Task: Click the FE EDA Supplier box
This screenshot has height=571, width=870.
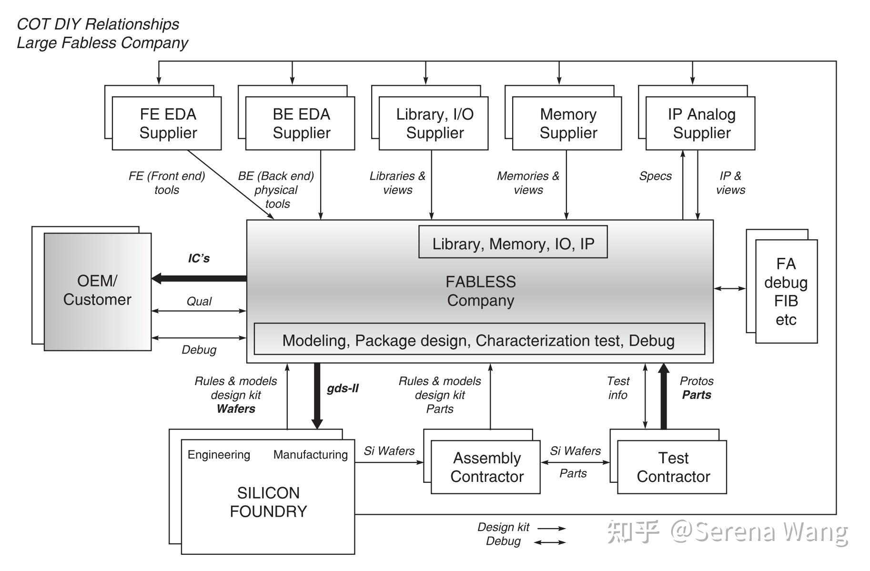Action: (167, 123)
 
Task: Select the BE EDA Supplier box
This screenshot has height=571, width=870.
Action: (300, 123)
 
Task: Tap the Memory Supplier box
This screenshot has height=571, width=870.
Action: (567, 123)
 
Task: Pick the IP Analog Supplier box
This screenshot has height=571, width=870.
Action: (700, 123)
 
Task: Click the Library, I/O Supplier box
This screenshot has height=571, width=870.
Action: (434, 123)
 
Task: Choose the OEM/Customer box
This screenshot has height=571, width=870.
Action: (97, 291)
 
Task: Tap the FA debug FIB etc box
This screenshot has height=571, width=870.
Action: (786, 291)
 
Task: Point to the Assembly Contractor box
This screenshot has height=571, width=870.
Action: (486, 467)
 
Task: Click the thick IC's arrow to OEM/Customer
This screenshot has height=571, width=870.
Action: (200, 278)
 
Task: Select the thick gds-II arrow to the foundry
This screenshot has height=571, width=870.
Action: (317, 396)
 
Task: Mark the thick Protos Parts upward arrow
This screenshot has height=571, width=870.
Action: (664, 396)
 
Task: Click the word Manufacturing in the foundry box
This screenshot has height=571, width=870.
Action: (310, 455)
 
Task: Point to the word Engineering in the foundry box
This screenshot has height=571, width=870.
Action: (219, 455)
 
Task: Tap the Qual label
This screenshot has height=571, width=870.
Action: (199, 301)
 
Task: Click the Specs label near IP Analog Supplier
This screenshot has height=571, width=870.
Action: (655, 176)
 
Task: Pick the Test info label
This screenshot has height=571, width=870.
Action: (618, 388)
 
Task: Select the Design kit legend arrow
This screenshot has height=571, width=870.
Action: (552, 528)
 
